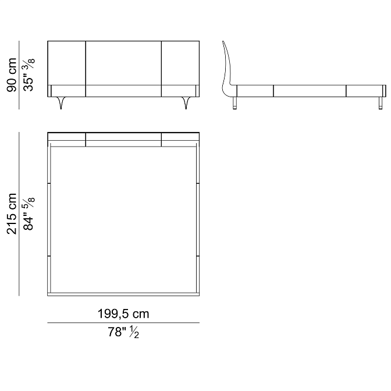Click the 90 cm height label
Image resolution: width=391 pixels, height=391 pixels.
pos(12,75)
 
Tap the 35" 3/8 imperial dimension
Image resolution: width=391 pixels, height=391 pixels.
pos(29,75)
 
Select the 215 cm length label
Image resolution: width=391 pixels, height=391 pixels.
pos(12,214)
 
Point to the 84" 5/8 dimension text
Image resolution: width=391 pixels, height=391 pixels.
pos(29,214)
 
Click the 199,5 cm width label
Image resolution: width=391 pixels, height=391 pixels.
pos(123,314)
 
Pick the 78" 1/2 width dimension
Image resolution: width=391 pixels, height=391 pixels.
pos(123,332)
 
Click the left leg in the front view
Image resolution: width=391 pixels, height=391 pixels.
pos(61,103)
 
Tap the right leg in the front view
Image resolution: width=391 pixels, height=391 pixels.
pos(186,103)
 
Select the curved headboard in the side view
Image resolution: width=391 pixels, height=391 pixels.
pos(227,70)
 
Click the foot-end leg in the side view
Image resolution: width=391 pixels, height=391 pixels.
pos(381,103)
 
